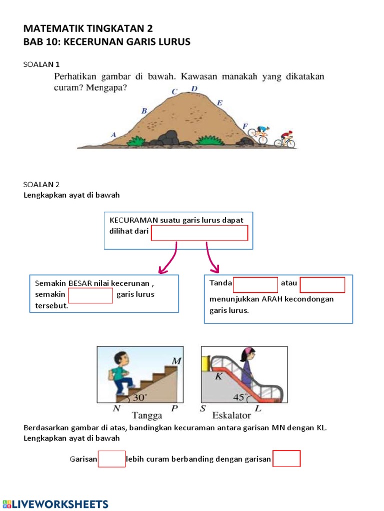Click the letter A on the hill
[x=113, y=135]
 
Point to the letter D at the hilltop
[x=194, y=89]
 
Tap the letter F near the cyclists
[x=244, y=126]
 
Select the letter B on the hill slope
[x=144, y=111]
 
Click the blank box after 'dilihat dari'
[x=199, y=233]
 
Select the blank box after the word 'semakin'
[x=90, y=295]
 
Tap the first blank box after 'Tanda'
[x=255, y=284]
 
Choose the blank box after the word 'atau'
[x=322, y=284]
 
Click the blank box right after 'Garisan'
[x=111, y=459]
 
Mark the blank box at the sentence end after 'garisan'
[x=286, y=459]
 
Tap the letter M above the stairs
[x=176, y=360]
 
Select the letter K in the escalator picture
[x=218, y=376]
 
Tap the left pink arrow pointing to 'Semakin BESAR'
[x=167, y=258]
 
